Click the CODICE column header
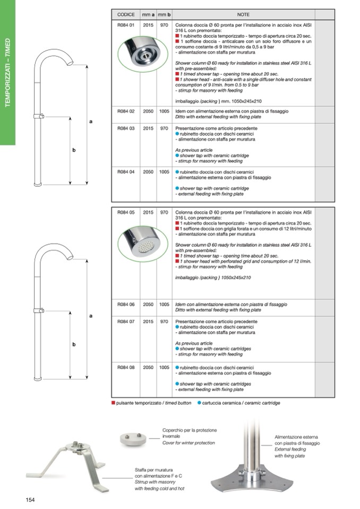click(x=125, y=14)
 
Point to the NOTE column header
click(x=243, y=14)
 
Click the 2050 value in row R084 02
click(x=148, y=111)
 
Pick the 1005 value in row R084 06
click(x=164, y=305)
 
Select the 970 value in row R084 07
click(x=164, y=322)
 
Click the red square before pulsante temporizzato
click(x=113, y=403)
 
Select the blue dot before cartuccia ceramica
click(x=199, y=403)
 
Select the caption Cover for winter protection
click(x=188, y=443)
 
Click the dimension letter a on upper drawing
click(x=90, y=122)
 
